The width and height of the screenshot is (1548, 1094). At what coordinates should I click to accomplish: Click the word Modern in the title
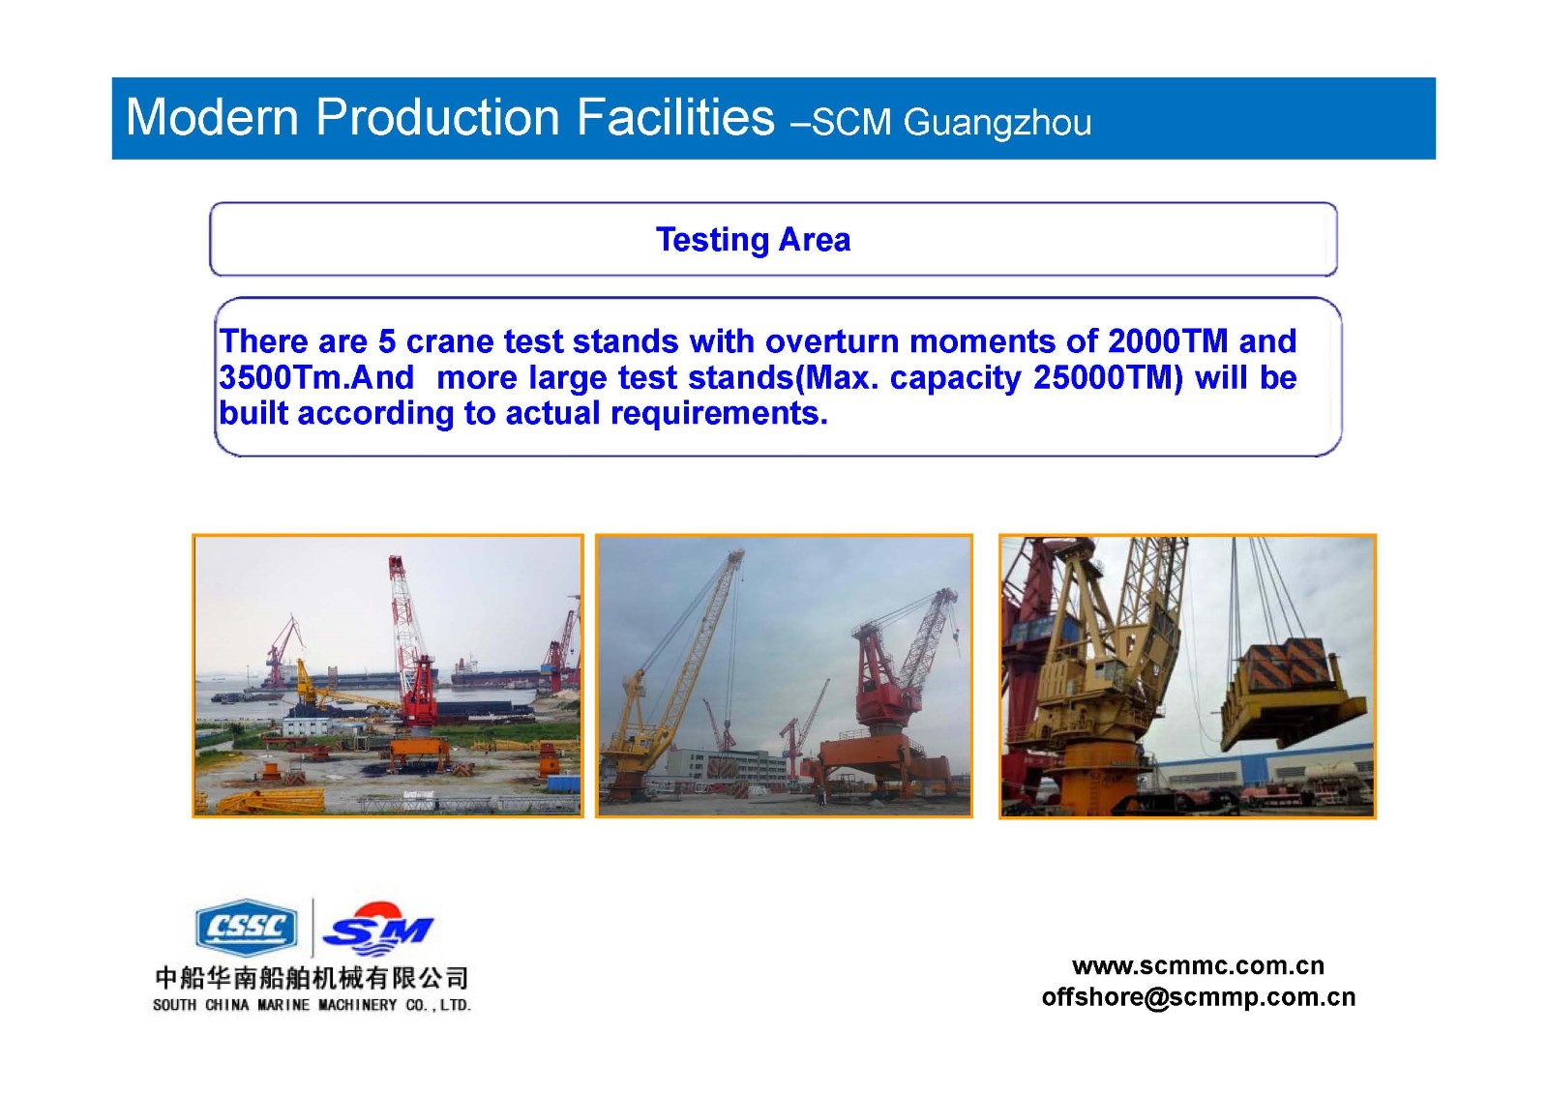tap(212, 117)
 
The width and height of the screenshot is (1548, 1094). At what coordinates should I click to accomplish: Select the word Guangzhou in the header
tap(997, 123)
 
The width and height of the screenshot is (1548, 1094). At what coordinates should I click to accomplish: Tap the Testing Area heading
tap(754, 241)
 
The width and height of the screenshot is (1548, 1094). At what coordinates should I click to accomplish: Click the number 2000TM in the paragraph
tap(1168, 340)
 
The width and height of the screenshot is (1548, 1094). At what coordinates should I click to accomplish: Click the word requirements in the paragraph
tap(719, 413)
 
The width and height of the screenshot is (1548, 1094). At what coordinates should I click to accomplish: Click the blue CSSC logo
tap(247, 927)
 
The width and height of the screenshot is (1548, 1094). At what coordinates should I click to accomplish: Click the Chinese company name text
tap(312, 978)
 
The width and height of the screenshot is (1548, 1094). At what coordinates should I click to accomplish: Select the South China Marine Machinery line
tap(312, 1005)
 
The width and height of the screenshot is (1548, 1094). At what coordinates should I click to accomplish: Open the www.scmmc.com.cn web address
tap(1198, 965)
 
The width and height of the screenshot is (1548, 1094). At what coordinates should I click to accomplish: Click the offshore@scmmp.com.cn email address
tap(1198, 997)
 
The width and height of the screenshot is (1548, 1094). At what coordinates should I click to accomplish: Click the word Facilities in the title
tap(675, 117)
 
